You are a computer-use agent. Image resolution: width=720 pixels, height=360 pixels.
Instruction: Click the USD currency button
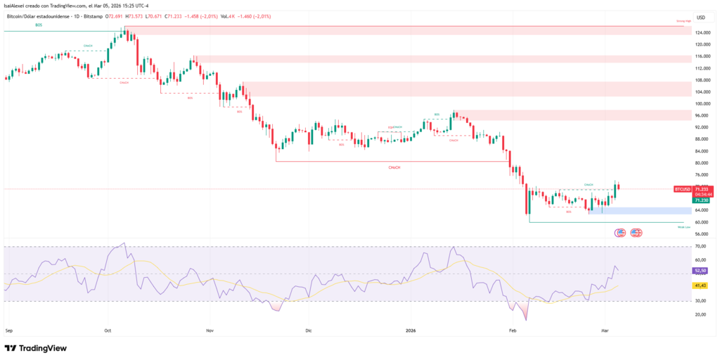point(700,18)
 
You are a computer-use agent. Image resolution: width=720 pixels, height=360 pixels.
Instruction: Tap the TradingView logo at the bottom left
point(36,348)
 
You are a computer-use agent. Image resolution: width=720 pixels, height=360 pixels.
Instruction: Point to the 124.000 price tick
point(701,33)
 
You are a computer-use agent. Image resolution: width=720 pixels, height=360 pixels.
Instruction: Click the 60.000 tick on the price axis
point(701,222)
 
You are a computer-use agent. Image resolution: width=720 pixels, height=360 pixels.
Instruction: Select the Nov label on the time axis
point(210,329)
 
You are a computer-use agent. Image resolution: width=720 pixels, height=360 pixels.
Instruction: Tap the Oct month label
point(108,329)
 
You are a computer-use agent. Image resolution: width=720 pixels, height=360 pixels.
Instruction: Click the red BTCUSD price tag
point(681,189)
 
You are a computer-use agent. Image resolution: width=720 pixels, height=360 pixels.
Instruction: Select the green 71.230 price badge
point(700,200)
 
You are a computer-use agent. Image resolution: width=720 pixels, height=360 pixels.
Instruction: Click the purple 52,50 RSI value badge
point(700,270)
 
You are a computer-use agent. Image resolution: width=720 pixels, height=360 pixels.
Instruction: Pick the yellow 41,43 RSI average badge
point(700,285)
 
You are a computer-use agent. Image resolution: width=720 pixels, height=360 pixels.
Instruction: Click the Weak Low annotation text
point(683,227)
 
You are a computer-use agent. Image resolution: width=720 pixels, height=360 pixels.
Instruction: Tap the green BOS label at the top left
point(39,25)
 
